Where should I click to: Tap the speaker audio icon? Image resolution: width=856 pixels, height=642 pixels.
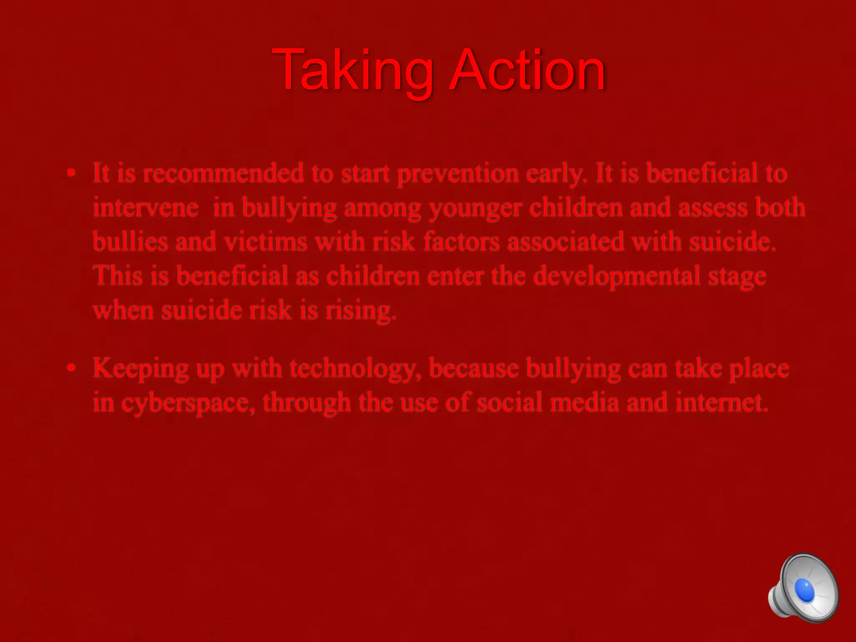803,588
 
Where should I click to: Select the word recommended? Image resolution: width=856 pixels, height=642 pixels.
223,173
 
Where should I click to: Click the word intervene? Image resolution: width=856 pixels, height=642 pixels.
145,208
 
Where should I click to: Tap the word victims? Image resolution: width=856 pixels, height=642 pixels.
265,242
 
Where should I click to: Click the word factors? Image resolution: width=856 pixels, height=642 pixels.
461,242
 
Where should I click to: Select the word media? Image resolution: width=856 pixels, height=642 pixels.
584,403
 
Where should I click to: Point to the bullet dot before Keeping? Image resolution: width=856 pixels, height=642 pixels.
72,368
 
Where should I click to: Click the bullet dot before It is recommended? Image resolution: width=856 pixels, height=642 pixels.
72,173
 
